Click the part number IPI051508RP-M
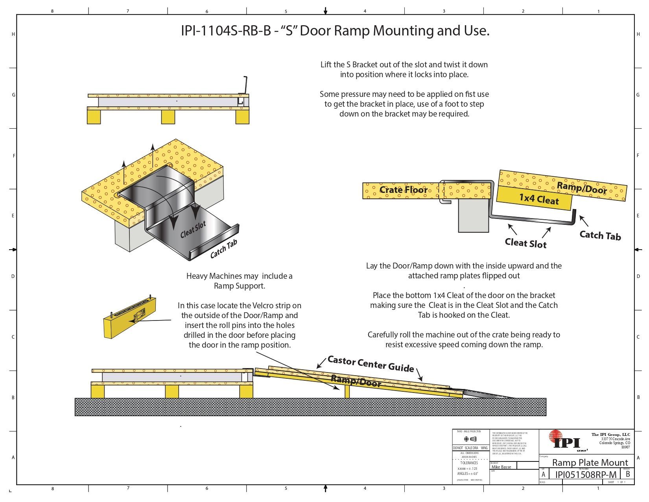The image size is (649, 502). [x=585, y=474]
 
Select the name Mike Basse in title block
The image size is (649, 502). [x=501, y=467]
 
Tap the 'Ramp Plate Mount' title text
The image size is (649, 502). [x=590, y=462]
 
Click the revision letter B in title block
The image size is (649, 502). [x=628, y=474]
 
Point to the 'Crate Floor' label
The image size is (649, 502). [x=403, y=190]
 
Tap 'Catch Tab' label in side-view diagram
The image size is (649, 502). [x=600, y=235]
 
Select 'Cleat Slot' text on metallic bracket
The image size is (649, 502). [x=193, y=230]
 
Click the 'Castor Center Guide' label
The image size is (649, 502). [x=371, y=363]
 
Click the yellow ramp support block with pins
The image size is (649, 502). [x=130, y=317]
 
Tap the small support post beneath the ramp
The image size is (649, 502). [x=347, y=391]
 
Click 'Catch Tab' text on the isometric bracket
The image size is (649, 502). [x=223, y=250]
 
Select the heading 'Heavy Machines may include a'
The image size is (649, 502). [x=239, y=276]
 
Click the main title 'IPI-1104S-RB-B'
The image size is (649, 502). [x=226, y=31]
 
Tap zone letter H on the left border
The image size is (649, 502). [x=13, y=34]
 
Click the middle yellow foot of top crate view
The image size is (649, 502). [x=168, y=117]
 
